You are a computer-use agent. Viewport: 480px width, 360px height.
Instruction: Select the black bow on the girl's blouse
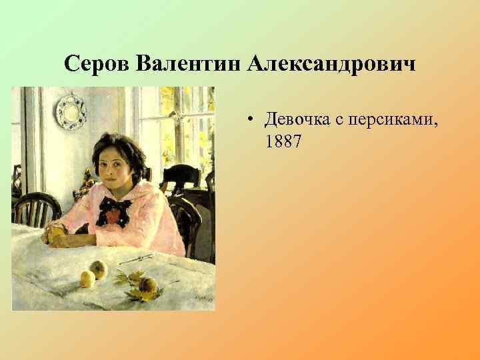pos(113,212)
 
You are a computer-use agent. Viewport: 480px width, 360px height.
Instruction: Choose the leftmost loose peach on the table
pos(87,278)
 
